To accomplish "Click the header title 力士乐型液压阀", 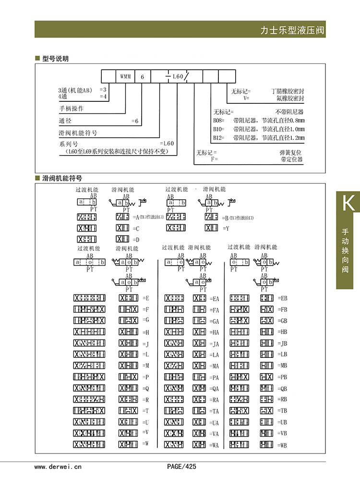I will pos(292,31).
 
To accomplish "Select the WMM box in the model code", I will pos(125,77).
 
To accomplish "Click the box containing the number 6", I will pos(142,77).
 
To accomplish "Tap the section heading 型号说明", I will pos(56,59).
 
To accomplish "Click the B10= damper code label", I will pos(218,129).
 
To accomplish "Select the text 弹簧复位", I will pos(291,152).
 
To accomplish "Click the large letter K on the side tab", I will pos(348,203).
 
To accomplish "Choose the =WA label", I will pos(214,445).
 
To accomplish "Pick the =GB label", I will pos(282,320).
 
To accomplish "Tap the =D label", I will pos(136,239).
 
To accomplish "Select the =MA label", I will pos(214,366).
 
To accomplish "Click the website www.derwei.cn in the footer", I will pos(58,466).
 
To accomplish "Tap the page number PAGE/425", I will pos(181,466).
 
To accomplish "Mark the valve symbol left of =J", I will pos(128,343).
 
